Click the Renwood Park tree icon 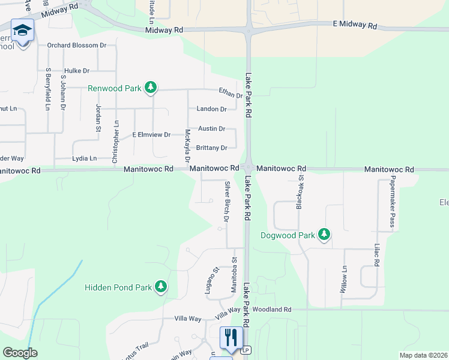pyautogui.click(x=151, y=88)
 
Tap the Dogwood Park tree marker pyautogui.click(x=324, y=235)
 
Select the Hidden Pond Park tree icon pyautogui.click(x=160, y=287)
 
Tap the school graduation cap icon pyautogui.click(x=23, y=31)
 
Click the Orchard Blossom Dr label pyautogui.click(x=77, y=45)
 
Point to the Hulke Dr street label pyautogui.click(x=77, y=70)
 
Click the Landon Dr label pyautogui.click(x=211, y=109)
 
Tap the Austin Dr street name pyautogui.click(x=211, y=128)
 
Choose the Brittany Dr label pyautogui.click(x=211, y=148)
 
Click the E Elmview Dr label pyautogui.click(x=152, y=134)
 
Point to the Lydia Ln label pyautogui.click(x=84, y=158)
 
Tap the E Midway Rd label pyautogui.click(x=355, y=26)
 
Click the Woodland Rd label pyautogui.click(x=271, y=310)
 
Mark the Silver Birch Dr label pyautogui.click(x=227, y=201)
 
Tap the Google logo pyautogui.click(x=20, y=353)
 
